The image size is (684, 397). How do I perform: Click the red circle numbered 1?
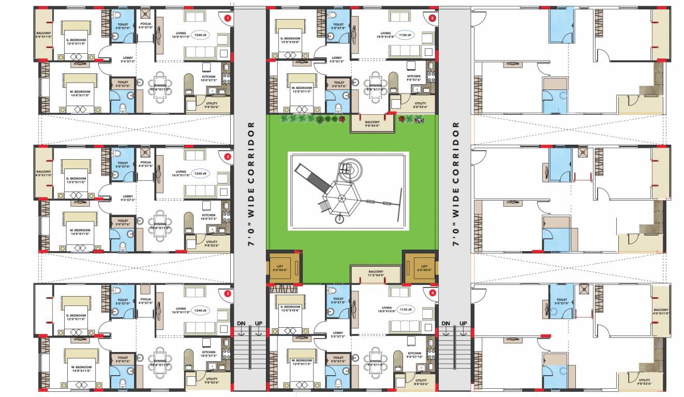pos(227,18)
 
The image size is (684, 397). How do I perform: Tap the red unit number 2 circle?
pos(227,156)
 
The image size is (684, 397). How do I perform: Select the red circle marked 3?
pos(227,294)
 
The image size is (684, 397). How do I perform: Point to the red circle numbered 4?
pos(433,293)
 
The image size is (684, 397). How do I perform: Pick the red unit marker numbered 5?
pos(433,18)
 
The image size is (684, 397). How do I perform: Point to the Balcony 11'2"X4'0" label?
pos(376,273)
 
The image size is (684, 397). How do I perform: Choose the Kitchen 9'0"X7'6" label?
pos(413,78)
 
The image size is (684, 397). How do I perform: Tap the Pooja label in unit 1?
pos(145,26)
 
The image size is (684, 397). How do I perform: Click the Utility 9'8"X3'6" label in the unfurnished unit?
pos(644,382)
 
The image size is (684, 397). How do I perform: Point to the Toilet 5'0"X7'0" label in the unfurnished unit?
pos(562,301)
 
